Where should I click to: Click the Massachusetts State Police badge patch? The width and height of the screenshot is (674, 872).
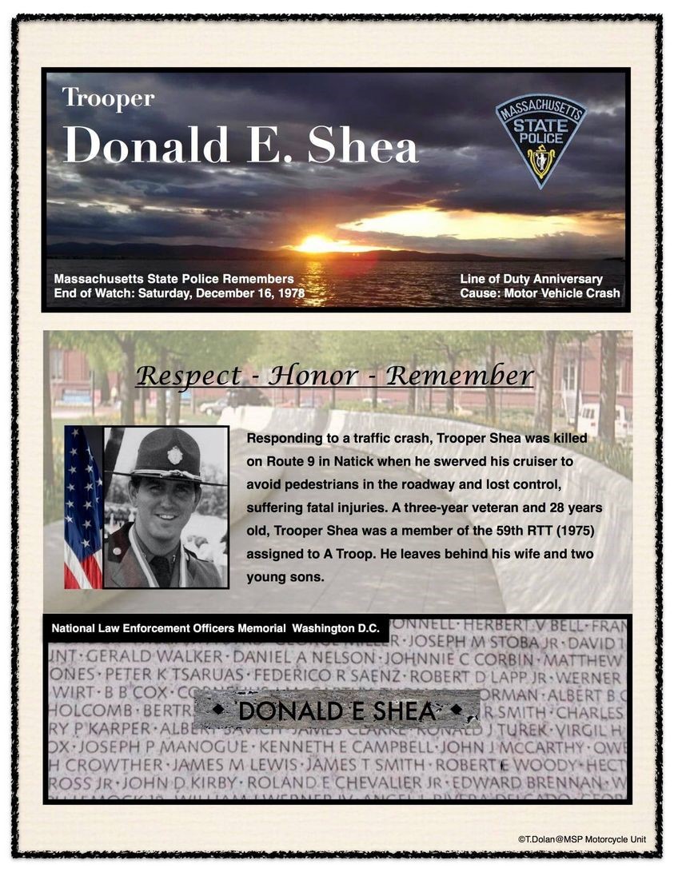(x=540, y=141)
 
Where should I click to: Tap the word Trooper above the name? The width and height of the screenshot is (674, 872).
(x=108, y=98)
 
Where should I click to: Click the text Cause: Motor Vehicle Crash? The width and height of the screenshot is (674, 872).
(x=540, y=293)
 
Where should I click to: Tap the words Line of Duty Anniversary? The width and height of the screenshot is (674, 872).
(x=531, y=279)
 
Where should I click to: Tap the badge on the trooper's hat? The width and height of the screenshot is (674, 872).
(x=174, y=456)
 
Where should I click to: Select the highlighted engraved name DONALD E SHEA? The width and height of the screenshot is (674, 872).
(x=337, y=710)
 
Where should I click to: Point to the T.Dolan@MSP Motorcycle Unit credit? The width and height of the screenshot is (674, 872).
(x=581, y=839)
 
